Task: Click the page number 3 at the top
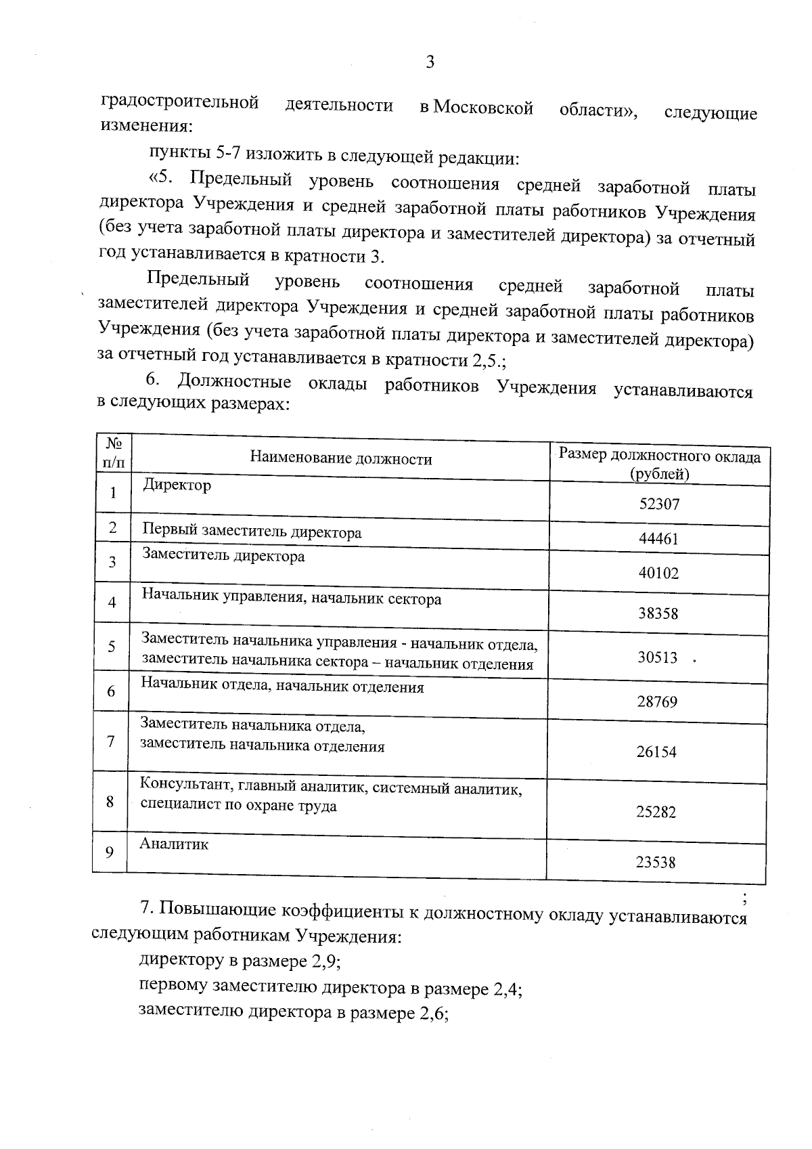[x=430, y=63]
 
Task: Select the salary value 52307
[x=659, y=504]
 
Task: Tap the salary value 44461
[x=658, y=539]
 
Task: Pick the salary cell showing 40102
[x=658, y=573]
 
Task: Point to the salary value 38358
[x=658, y=613]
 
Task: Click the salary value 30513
[x=657, y=657]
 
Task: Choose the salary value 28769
[x=656, y=701]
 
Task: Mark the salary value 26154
[x=656, y=752]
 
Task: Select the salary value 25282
[x=656, y=812]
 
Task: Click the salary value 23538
[x=656, y=862]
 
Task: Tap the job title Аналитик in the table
[x=174, y=844]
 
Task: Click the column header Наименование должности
[x=340, y=459]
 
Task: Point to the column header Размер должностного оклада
[x=660, y=457]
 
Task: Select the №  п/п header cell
[x=114, y=452]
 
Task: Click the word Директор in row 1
[x=177, y=485]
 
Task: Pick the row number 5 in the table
[x=112, y=646]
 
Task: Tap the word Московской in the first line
[x=483, y=108]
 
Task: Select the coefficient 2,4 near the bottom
[x=505, y=990]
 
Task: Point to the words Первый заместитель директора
[x=251, y=532]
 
